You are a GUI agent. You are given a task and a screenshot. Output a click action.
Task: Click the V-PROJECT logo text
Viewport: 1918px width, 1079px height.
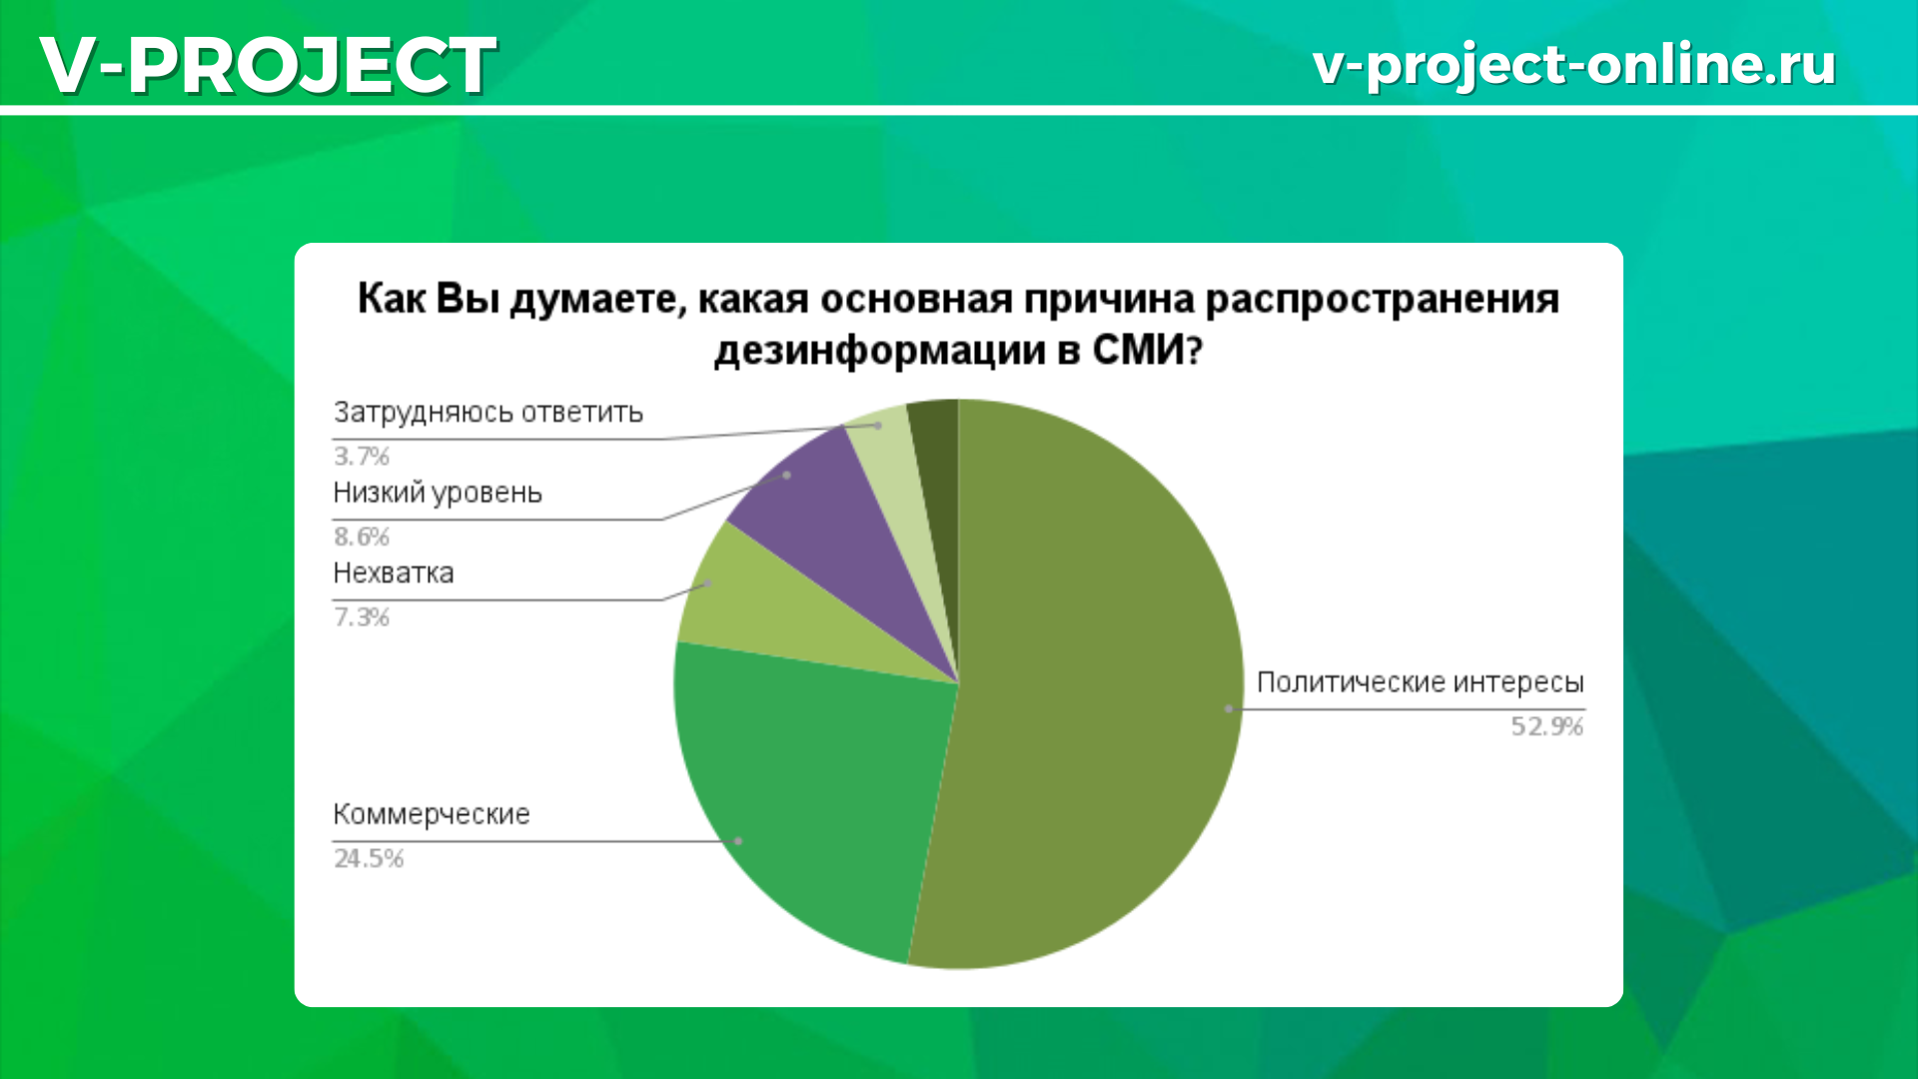tap(268, 65)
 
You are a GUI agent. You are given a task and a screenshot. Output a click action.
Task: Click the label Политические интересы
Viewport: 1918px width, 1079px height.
tap(1420, 682)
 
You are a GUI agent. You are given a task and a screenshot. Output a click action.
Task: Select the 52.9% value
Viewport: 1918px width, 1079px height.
tap(1546, 726)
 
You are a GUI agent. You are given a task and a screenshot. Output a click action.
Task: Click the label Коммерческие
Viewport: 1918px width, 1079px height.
tap(432, 814)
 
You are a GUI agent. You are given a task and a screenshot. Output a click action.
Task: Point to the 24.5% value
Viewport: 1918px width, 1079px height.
tap(369, 858)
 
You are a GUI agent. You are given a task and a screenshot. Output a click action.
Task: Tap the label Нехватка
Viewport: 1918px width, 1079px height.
tap(394, 572)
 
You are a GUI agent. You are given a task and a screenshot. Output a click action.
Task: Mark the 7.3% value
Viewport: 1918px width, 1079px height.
tap(362, 616)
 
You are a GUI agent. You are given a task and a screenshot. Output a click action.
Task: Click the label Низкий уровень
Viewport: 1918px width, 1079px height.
tap(438, 493)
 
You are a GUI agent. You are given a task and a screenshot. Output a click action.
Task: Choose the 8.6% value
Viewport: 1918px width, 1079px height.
tap(362, 537)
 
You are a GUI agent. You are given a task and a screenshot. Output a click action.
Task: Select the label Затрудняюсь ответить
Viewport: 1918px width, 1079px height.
tap(488, 413)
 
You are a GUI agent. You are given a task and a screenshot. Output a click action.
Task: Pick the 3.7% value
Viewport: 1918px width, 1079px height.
tap(362, 456)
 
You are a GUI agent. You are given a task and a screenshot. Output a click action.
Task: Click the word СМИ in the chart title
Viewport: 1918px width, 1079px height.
tap(1148, 351)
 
